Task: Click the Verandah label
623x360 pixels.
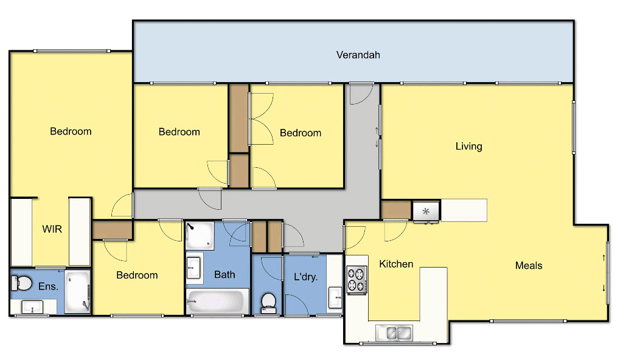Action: click(x=358, y=55)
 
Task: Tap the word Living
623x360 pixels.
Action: click(x=468, y=146)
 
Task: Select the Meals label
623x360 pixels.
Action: click(x=528, y=265)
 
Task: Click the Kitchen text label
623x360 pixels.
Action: click(x=396, y=264)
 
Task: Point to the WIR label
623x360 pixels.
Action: click(x=52, y=229)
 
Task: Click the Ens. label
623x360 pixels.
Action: click(x=48, y=286)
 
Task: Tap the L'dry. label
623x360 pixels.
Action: click(x=305, y=277)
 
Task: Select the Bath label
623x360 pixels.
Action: click(x=224, y=274)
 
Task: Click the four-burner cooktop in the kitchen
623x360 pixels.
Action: click(x=357, y=280)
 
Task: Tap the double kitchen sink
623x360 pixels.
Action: click(x=394, y=333)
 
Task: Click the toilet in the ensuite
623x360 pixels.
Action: click(x=23, y=283)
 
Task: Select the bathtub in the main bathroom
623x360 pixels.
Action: click(x=217, y=301)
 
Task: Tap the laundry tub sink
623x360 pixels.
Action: click(x=334, y=298)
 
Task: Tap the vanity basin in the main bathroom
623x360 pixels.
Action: click(x=194, y=266)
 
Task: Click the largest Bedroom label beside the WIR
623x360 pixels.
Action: click(x=71, y=131)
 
